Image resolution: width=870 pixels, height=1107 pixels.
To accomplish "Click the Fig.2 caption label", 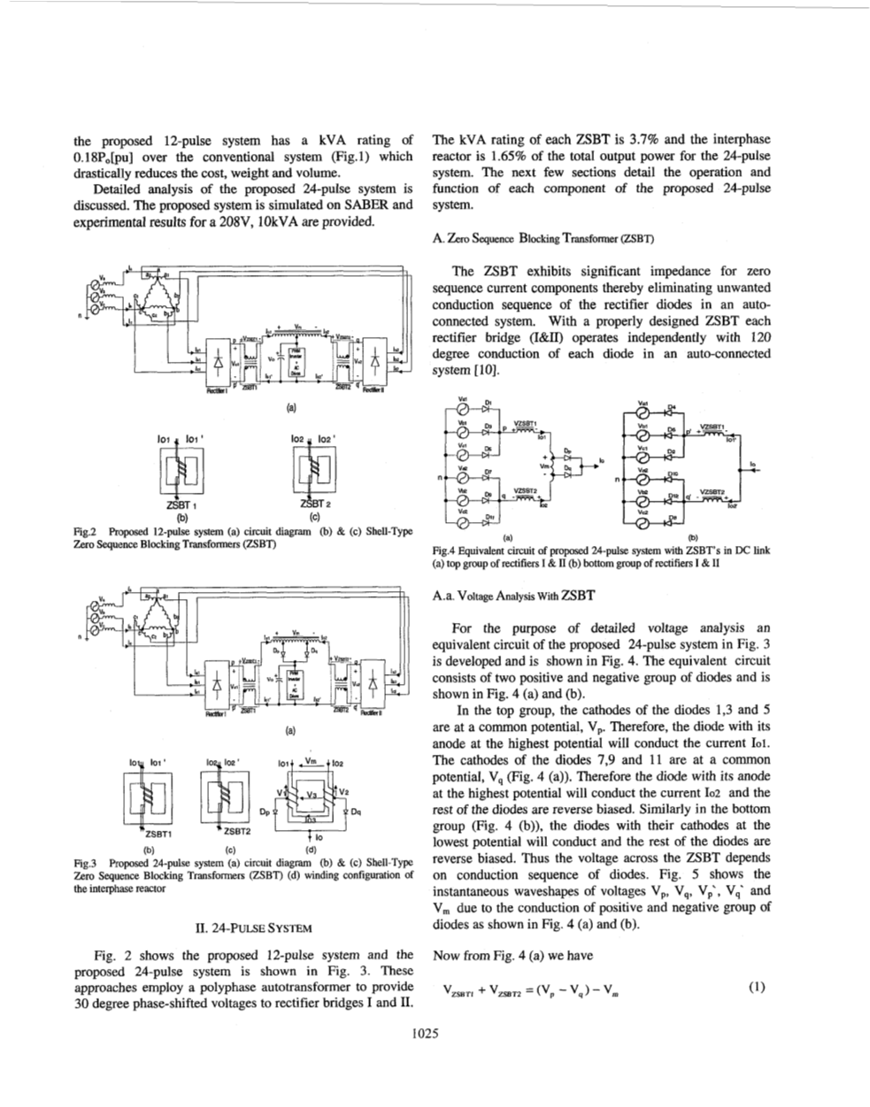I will click(86, 532).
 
